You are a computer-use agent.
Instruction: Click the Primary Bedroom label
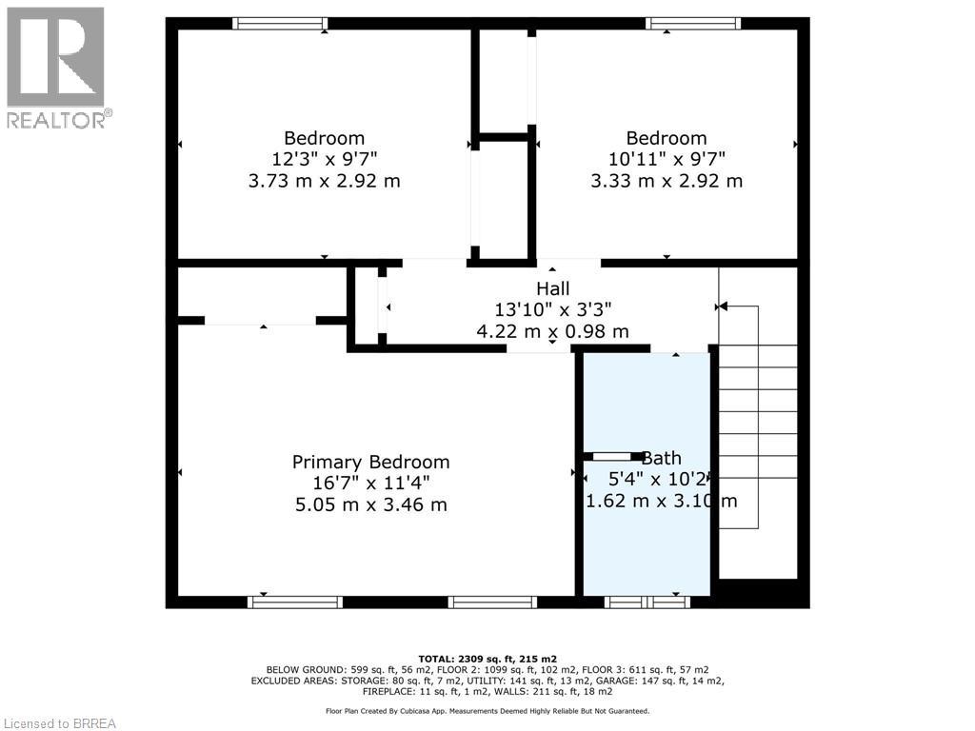[370, 462]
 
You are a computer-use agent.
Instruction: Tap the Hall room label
[552, 288]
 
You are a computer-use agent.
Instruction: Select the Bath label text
[662, 458]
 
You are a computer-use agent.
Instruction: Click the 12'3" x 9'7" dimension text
[324, 159]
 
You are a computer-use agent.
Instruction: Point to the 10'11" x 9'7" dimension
[667, 159]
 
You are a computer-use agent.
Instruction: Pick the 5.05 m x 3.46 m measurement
[370, 504]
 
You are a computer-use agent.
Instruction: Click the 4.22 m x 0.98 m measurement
[552, 331]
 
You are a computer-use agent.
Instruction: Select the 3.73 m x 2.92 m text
[324, 181]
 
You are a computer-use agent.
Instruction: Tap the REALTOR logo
[55, 67]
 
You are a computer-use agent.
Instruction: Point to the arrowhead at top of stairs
[722, 306]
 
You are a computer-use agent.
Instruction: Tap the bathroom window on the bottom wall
[647, 602]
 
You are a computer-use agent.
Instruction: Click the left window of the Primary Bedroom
[294, 602]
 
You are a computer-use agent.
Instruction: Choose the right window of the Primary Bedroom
[492, 602]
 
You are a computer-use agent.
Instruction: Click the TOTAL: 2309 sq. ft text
[487, 659]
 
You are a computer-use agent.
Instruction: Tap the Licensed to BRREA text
[59, 723]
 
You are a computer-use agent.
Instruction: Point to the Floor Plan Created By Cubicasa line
[487, 711]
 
